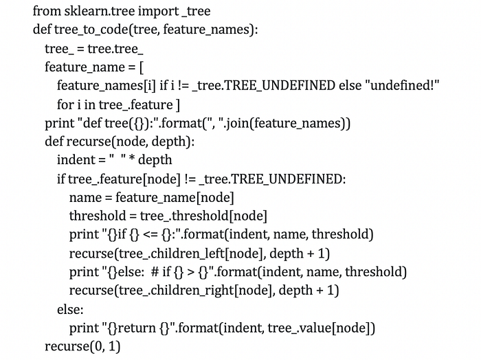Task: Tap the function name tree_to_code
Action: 89,30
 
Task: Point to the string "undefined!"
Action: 401,86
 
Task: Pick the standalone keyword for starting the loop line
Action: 65,104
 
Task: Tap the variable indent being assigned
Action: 76,160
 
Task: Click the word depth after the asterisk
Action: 155,160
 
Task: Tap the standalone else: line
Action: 70,308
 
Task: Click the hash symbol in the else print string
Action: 157,271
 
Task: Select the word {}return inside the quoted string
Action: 128,327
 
